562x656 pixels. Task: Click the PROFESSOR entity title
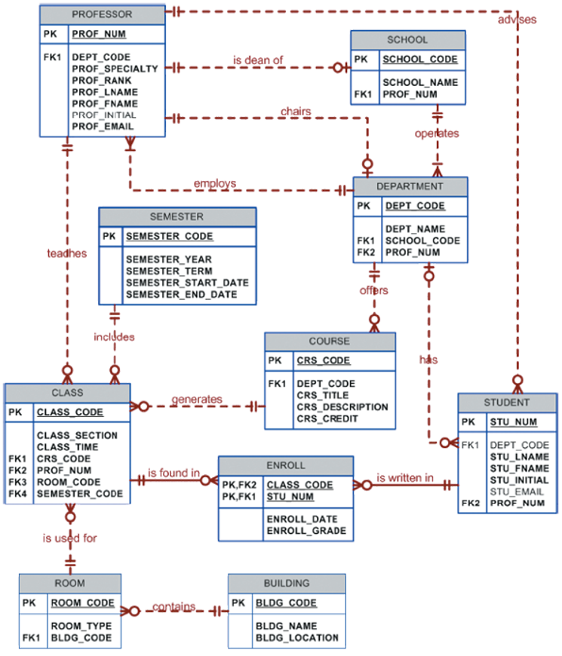(x=102, y=14)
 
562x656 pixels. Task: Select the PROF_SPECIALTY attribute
(x=115, y=69)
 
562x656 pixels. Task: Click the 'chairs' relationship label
(x=295, y=112)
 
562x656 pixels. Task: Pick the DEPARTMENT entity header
(x=410, y=186)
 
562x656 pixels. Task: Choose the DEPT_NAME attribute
(x=414, y=229)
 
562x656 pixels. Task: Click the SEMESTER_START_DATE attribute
(x=187, y=283)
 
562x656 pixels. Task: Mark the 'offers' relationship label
(x=374, y=290)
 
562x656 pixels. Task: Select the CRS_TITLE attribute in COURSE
(x=322, y=395)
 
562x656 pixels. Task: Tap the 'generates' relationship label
(x=197, y=399)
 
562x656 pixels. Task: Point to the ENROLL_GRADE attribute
(x=306, y=531)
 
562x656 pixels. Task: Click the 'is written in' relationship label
(x=406, y=478)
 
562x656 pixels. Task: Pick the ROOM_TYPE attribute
(x=81, y=626)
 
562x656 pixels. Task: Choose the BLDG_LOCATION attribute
(x=296, y=638)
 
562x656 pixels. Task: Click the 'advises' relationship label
(x=517, y=20)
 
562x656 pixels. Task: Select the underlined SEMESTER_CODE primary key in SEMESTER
(x=169, y=236)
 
